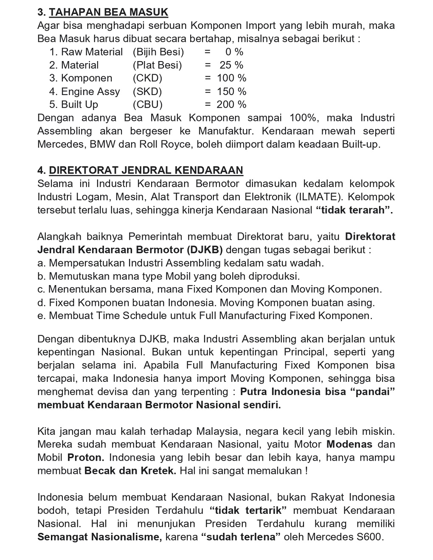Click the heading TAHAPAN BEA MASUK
pos(109,12)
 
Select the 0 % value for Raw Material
pos(234,52)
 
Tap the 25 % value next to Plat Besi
pos(231,65)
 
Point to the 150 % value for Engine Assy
pos(231,92)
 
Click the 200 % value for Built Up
pos(231,105)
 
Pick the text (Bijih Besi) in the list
pos(158,52)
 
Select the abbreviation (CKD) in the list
pos(147,78)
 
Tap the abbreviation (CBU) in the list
pos(147,105)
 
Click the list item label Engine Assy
pos(90,92)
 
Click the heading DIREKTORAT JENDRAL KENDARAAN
pos(146,171)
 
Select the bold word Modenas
pos(349,445)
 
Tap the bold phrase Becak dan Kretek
pos(130,471)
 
